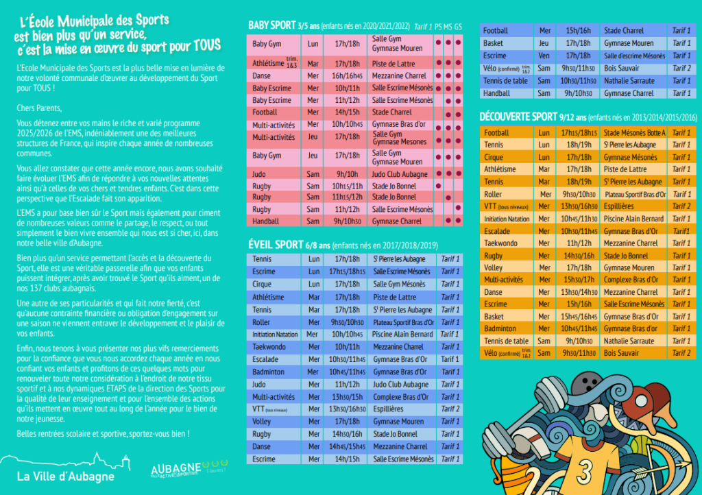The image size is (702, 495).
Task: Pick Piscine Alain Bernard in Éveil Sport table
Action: (402, 335)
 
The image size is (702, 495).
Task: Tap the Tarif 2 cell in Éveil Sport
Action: (450, 409)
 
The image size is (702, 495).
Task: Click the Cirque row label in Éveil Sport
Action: (262, 285)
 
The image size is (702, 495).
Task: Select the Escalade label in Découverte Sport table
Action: (497, 231)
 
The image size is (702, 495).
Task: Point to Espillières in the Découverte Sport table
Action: (620, 206)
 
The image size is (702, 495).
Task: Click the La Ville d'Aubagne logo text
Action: (66, 476)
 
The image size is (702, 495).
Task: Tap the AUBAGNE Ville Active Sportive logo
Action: (176, 468)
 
